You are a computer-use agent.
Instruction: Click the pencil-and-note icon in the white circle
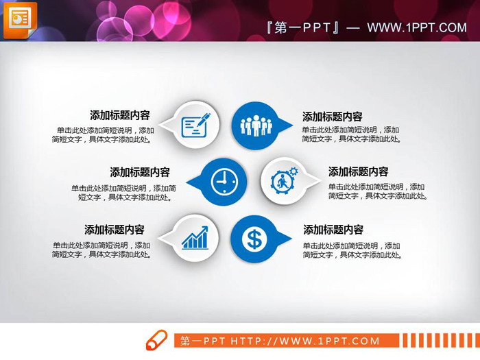195,125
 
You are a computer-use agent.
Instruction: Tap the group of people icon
256,125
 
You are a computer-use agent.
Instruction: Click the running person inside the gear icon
282,182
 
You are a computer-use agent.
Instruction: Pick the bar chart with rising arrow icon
195,238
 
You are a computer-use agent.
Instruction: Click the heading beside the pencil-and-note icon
120,115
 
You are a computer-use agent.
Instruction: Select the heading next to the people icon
333,117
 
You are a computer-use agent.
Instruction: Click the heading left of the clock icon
140,172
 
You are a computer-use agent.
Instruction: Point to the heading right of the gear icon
358,171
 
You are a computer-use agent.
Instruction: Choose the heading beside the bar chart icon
115,230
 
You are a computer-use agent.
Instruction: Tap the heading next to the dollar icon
333,230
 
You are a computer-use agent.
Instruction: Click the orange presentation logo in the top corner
20,19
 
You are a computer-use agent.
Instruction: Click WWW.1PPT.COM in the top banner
416,27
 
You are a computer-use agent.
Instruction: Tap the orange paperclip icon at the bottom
156,340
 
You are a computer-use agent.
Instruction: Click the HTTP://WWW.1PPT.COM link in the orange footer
304,341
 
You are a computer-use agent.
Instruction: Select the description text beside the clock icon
123,193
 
